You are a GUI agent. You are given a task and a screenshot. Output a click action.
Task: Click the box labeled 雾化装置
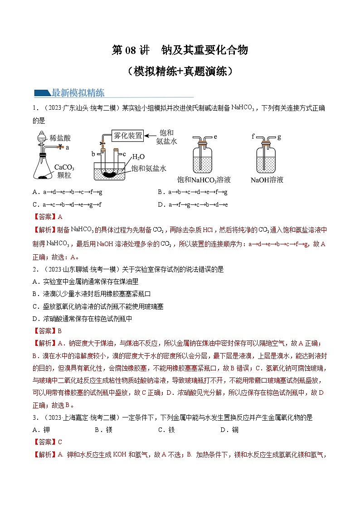[x=128, y=135]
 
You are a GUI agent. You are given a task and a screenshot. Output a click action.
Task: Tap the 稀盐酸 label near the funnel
[x=60, y=138]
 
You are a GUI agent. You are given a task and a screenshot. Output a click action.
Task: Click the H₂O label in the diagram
[x=138, y=156]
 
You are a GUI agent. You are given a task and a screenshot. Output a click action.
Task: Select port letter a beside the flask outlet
[x=67, y=147]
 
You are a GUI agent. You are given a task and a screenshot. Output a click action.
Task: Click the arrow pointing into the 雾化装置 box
[x=151, y=135]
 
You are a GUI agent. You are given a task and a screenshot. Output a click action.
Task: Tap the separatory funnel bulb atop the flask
[x=41, y=136]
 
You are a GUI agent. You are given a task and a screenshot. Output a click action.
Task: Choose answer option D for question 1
[x=193, y=204]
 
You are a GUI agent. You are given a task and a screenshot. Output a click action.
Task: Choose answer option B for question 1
[x=193, y=192]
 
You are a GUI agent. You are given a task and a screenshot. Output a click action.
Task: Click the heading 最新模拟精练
[x=78, y=93]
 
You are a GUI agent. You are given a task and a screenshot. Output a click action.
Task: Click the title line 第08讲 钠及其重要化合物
[x=180, y=50]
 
